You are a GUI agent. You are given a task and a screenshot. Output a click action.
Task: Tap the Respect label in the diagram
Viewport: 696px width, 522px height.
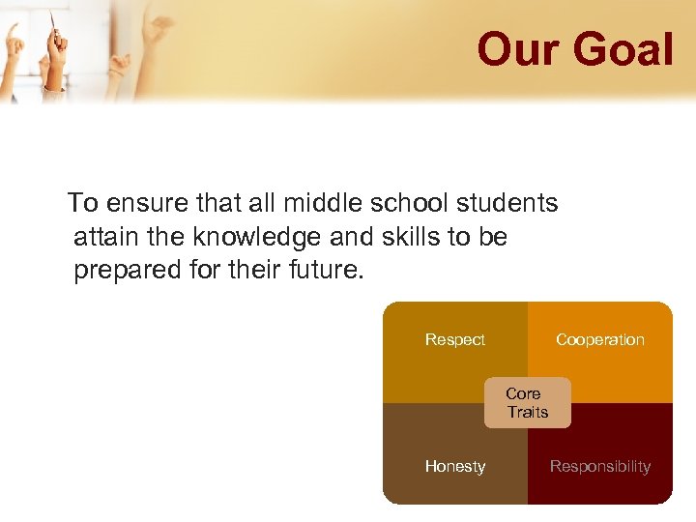(454, 339)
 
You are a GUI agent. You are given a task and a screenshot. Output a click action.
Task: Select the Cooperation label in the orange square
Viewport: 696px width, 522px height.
(599, 339)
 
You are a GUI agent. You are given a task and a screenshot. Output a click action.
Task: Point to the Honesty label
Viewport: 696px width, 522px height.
(454, 466)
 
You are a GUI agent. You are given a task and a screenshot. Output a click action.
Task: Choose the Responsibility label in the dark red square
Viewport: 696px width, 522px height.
(599, 466)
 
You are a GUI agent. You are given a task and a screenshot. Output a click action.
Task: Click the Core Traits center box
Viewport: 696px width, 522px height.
(527, 402)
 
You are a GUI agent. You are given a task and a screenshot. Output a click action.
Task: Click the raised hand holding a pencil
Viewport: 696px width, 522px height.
(56, 48)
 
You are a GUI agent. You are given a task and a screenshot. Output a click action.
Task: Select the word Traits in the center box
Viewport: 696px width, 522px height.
(528, 412)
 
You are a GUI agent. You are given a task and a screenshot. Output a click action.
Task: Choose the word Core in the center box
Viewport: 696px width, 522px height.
(523, 393)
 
